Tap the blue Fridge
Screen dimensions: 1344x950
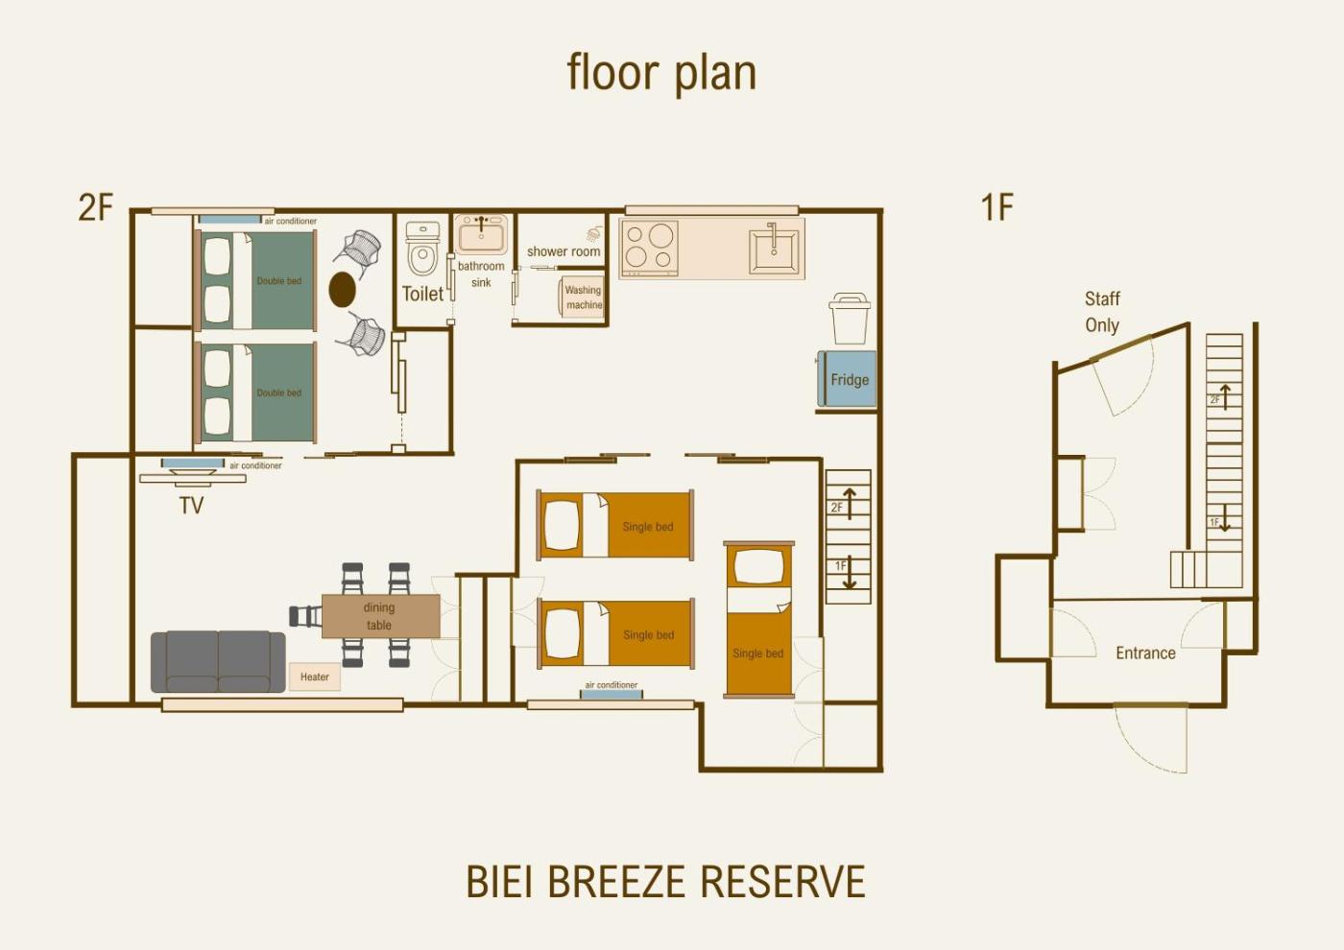pyautogui.click(x=846, y=379)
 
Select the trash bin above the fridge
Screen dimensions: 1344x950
pyautogui.click(x=849, y=319)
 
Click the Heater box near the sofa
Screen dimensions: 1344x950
pyautogui.click(x=315, y=677)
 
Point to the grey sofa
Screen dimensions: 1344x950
pyautogui.click(x=218, y=661)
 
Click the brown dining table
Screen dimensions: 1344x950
pyautogui.click(x=380, y=616)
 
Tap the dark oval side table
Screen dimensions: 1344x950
pyautogui.click(x=342, y=290)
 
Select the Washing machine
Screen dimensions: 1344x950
pyautogui.click(x=581, y=297)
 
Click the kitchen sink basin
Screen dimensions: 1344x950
pyautogui.click(x=774, y=249)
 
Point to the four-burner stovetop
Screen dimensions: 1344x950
pyautogui.click(x=650, y=247)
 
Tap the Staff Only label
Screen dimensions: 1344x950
pyautogui.click(x=1102, y=312)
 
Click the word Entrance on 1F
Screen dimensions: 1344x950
pyautogui.click(x=1145, y=653)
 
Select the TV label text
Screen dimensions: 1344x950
pyautogui.click(x=191, y=506)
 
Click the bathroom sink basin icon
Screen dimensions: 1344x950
pyautogui.click(x=481, y=235)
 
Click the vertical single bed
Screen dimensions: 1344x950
pyautogui.click(x=759, y=620)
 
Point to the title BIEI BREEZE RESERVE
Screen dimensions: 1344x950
pyautogui.click(x=665, y=881)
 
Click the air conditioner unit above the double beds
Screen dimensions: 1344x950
pyautogui.click(x=229, y=220)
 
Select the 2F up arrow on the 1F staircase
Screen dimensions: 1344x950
pyautogui.click(x=1226, y=397)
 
